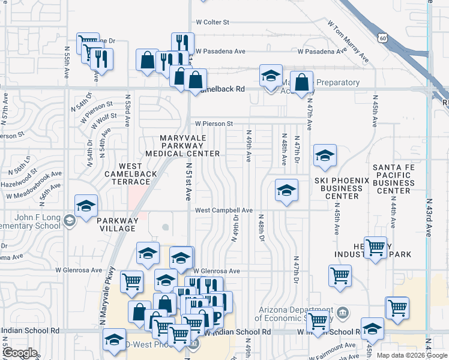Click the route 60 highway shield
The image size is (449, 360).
tap(384, 38)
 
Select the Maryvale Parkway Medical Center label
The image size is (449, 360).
tap(190, 146)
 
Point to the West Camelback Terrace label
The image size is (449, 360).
tap(126, 173)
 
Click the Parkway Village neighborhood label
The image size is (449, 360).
tap(118, 224)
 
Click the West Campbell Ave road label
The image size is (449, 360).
tap(223, 211)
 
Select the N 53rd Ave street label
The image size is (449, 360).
tap(127, 110)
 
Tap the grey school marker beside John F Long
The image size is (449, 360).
tap(70, 221)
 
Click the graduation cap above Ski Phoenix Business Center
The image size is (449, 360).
tap(325, 156)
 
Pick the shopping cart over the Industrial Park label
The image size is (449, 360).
tap(375, 247)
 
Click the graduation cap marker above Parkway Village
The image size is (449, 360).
tap(86, 206)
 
